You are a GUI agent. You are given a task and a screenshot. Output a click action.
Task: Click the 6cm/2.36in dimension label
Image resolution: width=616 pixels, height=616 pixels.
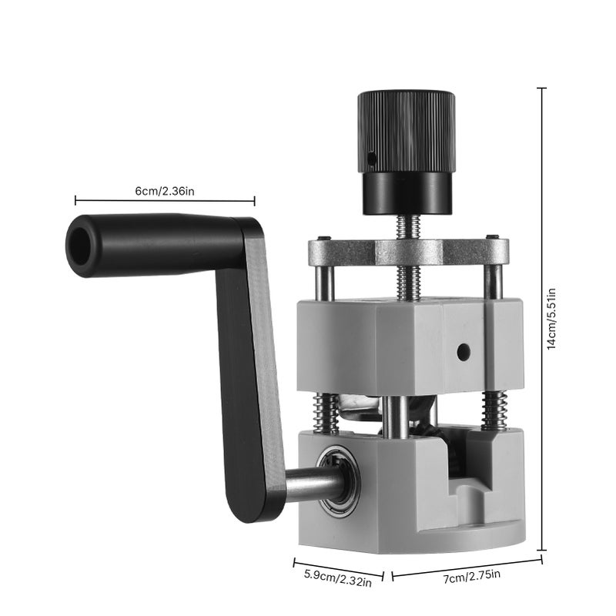tap(165, 191)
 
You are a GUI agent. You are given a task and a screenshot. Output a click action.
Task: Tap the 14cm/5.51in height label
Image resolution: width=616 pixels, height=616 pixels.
tap(551, 319)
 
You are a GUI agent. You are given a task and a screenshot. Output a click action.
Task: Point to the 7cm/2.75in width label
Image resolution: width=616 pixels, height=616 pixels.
tap(472, 576)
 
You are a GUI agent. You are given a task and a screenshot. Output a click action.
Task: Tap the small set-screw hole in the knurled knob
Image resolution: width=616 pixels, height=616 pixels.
tap(370, 159)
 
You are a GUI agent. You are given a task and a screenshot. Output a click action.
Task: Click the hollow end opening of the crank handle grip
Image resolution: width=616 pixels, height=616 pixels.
tap(80, 246)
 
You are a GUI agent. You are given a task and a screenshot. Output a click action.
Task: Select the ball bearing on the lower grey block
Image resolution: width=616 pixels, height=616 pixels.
tap(338, 480)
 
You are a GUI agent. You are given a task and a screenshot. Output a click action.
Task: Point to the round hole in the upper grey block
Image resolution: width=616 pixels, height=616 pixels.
tap(464, 352)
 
